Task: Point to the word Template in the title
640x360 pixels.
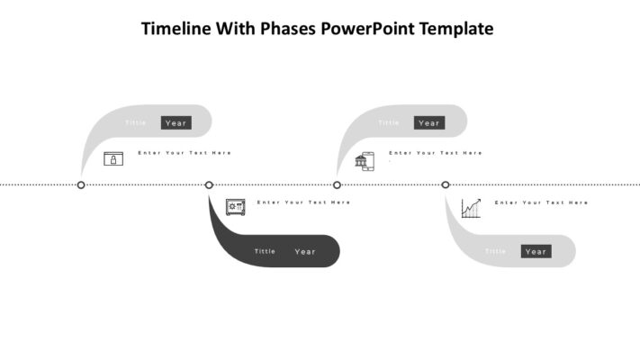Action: (x=461, y=29)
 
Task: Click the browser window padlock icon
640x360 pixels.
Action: (x=113, y=159)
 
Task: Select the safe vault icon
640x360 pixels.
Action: (x=235, y=207)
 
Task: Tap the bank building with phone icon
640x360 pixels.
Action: (x=364, y=161)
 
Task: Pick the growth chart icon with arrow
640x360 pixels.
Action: (x=471, y=208)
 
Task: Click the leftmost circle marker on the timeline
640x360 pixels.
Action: (x=81, y=184)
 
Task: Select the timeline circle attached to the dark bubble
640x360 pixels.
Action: (x=209, y=184)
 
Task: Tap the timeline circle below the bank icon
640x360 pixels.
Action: (x=338, y=184)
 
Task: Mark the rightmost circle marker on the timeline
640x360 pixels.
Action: (x=446, y=184)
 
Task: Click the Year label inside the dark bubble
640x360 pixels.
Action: (x=305, y=252)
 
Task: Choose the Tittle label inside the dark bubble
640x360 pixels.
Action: (x=265, y=252)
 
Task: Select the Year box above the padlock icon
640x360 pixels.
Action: (x=176, y=122)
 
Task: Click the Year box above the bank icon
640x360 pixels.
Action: (x=429, y=122)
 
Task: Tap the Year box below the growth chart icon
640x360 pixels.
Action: (x=536, y=251)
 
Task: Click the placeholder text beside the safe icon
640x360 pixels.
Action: (x=303, y=202)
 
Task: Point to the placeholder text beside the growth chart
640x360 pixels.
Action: (x=541, y=202)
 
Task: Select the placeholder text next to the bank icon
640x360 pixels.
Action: (x=436, y=153)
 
